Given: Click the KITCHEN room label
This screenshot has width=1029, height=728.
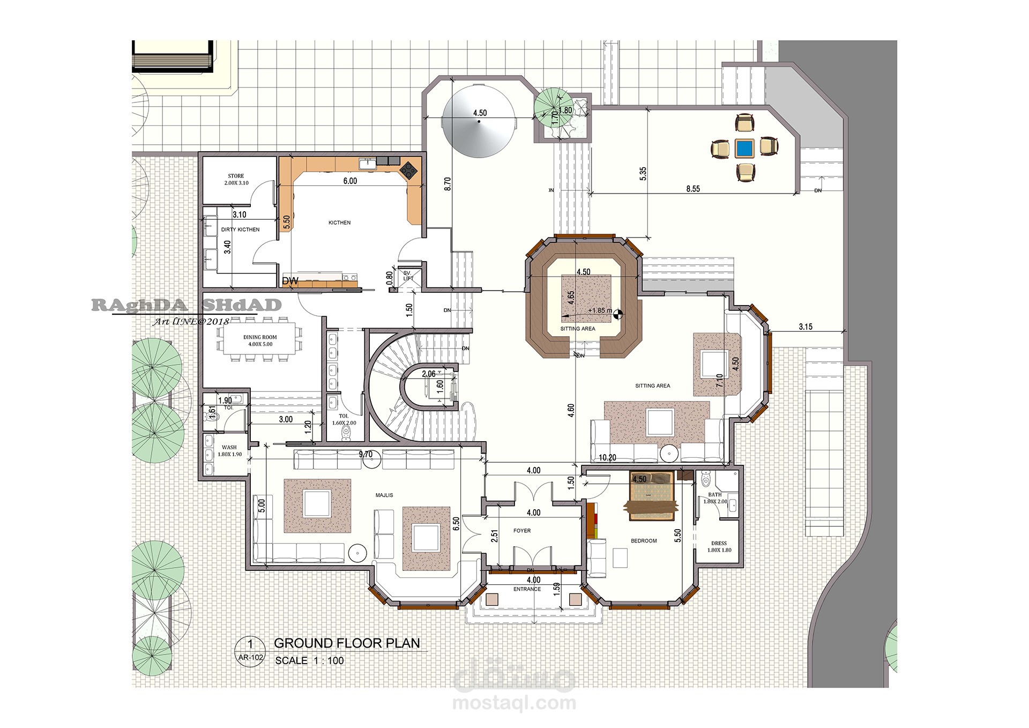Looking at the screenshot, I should pyautogui.click(x=339, y=222).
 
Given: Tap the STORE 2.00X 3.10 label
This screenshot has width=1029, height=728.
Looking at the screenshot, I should pyautogui.click(x=236, y=180).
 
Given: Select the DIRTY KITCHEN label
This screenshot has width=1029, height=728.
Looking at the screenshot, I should pyautogui.click(x=240, y=229).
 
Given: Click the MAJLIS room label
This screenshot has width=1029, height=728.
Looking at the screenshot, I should pyautogui.click(x=384, y=495).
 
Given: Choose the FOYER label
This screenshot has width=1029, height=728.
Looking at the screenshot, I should pyautogui.click(x=522, y=531).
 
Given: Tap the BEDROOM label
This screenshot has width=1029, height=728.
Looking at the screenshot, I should pyautogui.click(x=644, y=541).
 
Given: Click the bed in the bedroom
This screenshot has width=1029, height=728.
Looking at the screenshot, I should pyautogui.click(x=651, y=496).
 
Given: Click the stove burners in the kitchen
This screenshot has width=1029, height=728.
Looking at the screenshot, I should pyautogui.click(x=409, y=169).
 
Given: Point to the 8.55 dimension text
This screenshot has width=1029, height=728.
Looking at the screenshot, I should pyautogui.click(x=693, y=189).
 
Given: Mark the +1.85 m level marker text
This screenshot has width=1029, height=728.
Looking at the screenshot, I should pyautogui.click(x=600, y=310).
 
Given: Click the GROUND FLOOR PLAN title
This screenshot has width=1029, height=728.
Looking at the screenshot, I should pyautogui.click(x=347, y=643).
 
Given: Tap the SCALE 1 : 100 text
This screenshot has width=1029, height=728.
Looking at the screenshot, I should pyautogui.click(x=309, y=660).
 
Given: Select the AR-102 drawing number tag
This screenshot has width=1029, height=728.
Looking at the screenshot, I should pyautogui.click(x=250, y=657).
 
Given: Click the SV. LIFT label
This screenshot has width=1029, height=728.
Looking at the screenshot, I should pyautogui.click(x=408, y=276).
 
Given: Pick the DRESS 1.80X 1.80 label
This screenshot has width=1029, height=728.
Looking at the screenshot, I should pyautogui.click(x=719, y=547).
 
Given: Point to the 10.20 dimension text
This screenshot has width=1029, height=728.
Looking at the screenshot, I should pyautogui.click(x=607, y=458).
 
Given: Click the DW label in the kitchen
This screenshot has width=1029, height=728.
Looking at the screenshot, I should pyautogui.click(x=290, y=281).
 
